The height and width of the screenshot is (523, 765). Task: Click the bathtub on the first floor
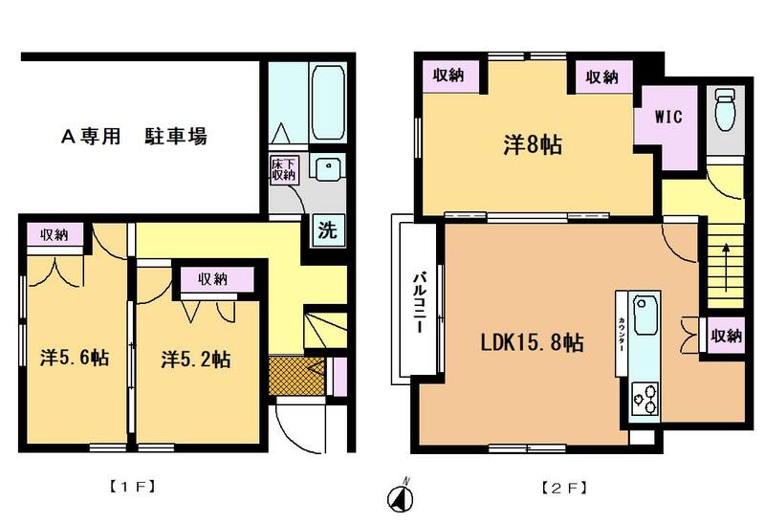coord(327,102)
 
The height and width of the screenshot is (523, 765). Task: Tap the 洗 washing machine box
coord(328,229)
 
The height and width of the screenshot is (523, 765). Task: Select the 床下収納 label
coord(283,169)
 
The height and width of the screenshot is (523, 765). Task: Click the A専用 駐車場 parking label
coord(134,136)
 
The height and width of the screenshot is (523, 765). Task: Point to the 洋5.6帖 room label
coord(75,359)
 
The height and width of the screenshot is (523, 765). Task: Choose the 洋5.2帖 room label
coord(196,360)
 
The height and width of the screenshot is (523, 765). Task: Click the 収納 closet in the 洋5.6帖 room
coord(55,234)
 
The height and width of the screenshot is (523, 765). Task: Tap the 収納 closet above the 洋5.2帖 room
coord(213,279)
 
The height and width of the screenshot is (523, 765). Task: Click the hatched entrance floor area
coord(296,376)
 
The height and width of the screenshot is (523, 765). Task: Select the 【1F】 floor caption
coord(132,487)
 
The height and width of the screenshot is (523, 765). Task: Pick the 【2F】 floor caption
coord(564,488)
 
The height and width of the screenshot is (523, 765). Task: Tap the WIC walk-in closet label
coord(668,117)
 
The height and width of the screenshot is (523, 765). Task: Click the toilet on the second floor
coord(725,109)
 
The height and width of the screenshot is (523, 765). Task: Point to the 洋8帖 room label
coord(533,145)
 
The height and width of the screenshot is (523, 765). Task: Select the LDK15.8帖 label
coord(533,342)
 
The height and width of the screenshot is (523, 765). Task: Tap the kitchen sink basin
coord(645,316)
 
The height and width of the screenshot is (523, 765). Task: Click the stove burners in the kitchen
coord(645,399)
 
